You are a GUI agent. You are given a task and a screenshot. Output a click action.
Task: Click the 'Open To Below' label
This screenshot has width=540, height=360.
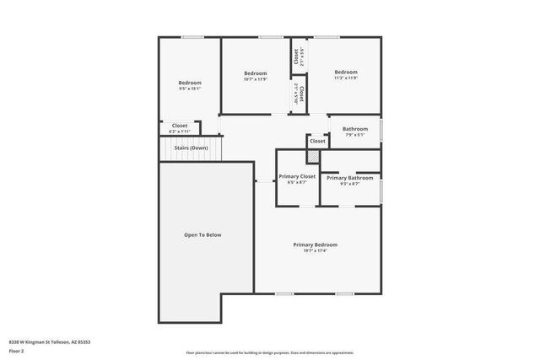[x=202, y=234]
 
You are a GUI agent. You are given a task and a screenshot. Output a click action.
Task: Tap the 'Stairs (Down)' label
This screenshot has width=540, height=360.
[x=191, y=148]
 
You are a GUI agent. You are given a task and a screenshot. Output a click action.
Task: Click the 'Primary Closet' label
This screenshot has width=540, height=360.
[x=297, y=176]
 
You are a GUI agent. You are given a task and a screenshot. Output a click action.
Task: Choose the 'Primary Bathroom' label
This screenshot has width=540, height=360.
[x=349, y=178]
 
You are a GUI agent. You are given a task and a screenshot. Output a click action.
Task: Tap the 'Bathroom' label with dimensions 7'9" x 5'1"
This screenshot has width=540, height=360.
[x=354, y=129]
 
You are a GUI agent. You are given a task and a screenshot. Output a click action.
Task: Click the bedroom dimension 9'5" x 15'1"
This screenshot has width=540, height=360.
[x=190, y=89]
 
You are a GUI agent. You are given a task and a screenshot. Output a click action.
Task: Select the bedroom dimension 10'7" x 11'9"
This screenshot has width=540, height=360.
[x=256, y=79]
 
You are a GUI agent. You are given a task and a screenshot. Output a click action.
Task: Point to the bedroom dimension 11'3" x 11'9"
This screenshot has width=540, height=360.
[x=346, y=78]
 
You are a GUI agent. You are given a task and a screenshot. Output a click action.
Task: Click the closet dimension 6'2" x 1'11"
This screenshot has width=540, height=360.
[x=180, y=132]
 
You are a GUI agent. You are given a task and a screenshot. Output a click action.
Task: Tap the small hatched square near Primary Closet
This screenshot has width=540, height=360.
[x=313, y=157]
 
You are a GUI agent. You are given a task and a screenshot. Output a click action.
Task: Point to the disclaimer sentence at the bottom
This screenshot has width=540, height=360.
[x=269, y=352]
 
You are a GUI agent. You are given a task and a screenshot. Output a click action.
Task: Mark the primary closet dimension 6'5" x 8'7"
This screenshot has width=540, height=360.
[x=297, y=182]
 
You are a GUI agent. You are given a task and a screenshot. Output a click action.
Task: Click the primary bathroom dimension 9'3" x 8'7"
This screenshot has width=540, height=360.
[x=349, y=184]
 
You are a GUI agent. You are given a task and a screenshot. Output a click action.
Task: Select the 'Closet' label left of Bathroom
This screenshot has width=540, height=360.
[x=317, y=141]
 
